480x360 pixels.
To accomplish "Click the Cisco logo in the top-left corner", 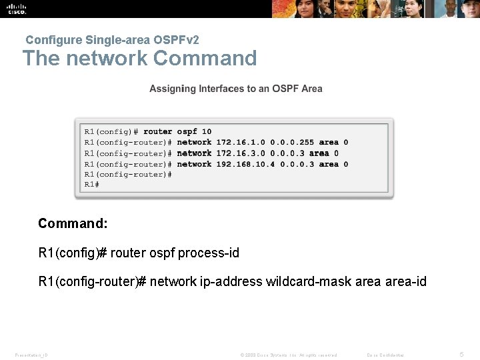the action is point(17,8).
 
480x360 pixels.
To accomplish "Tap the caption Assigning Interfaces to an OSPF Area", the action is point(236,89).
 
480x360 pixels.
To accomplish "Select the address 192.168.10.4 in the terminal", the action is point(244,164).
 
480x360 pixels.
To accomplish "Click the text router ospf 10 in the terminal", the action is point(177,131).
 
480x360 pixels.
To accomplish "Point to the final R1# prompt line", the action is point(91,185).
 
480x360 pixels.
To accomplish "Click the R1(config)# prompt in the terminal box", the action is point(111,131).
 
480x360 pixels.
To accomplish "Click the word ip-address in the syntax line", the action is point(231,282).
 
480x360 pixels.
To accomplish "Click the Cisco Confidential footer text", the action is point(386,355).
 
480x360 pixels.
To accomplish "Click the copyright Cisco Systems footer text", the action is point(288,355).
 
